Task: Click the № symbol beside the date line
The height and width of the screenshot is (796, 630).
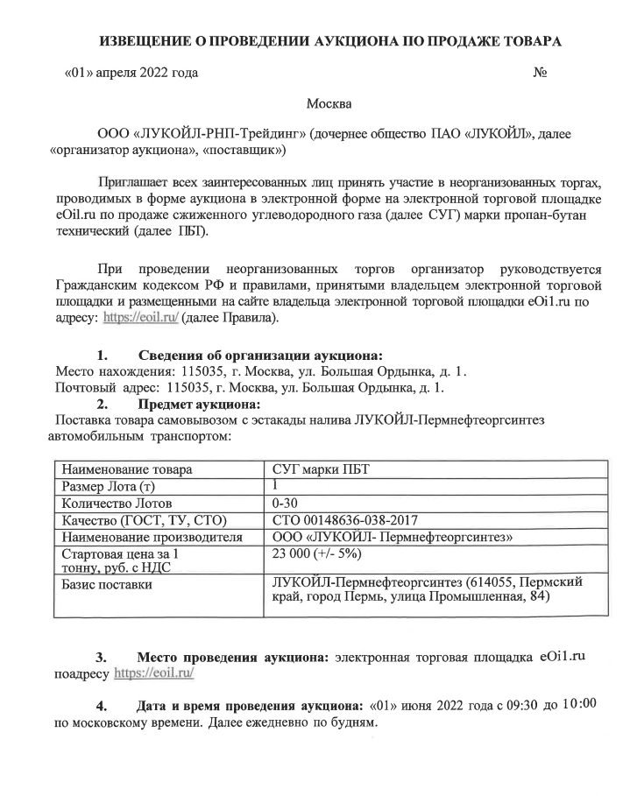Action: [x=540, y=72]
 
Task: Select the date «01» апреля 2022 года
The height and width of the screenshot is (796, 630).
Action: [x=132, y=72]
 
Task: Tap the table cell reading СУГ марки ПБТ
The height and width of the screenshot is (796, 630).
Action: [x=321, y=470]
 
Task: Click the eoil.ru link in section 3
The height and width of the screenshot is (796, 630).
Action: [x=154, y=675]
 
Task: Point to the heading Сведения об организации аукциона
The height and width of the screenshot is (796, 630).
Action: [x=260, y=356]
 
